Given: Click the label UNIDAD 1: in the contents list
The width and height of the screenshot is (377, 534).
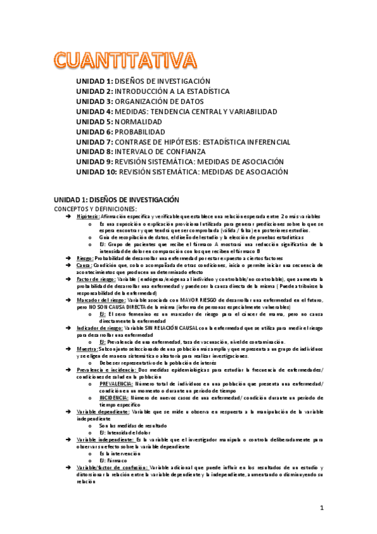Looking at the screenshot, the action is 94,81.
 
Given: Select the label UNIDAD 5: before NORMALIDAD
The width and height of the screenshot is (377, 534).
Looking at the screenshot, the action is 94,122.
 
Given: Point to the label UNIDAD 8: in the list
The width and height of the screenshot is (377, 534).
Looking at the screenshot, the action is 94,152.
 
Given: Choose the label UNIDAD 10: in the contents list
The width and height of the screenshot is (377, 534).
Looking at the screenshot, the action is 96,172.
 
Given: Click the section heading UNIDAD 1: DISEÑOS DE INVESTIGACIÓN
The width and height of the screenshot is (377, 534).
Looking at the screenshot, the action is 116,199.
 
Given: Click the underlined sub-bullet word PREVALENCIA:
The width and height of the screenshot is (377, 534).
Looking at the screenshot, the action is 116,383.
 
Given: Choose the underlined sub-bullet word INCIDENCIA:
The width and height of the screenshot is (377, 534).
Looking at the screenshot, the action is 114,397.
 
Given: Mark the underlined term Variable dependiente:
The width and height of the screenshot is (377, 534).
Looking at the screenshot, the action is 102,411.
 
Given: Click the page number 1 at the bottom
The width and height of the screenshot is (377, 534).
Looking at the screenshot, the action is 321,507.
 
